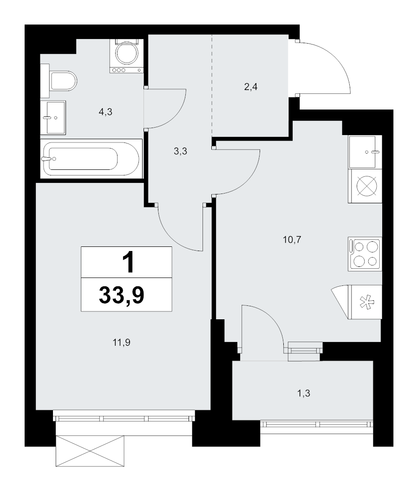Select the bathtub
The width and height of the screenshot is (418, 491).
(91, 158)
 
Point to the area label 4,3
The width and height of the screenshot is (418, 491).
(106, 111)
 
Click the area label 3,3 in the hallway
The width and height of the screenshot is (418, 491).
(180, 151)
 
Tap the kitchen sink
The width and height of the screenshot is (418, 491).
(365, 152)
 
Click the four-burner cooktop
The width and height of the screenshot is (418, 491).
(365, 253)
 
